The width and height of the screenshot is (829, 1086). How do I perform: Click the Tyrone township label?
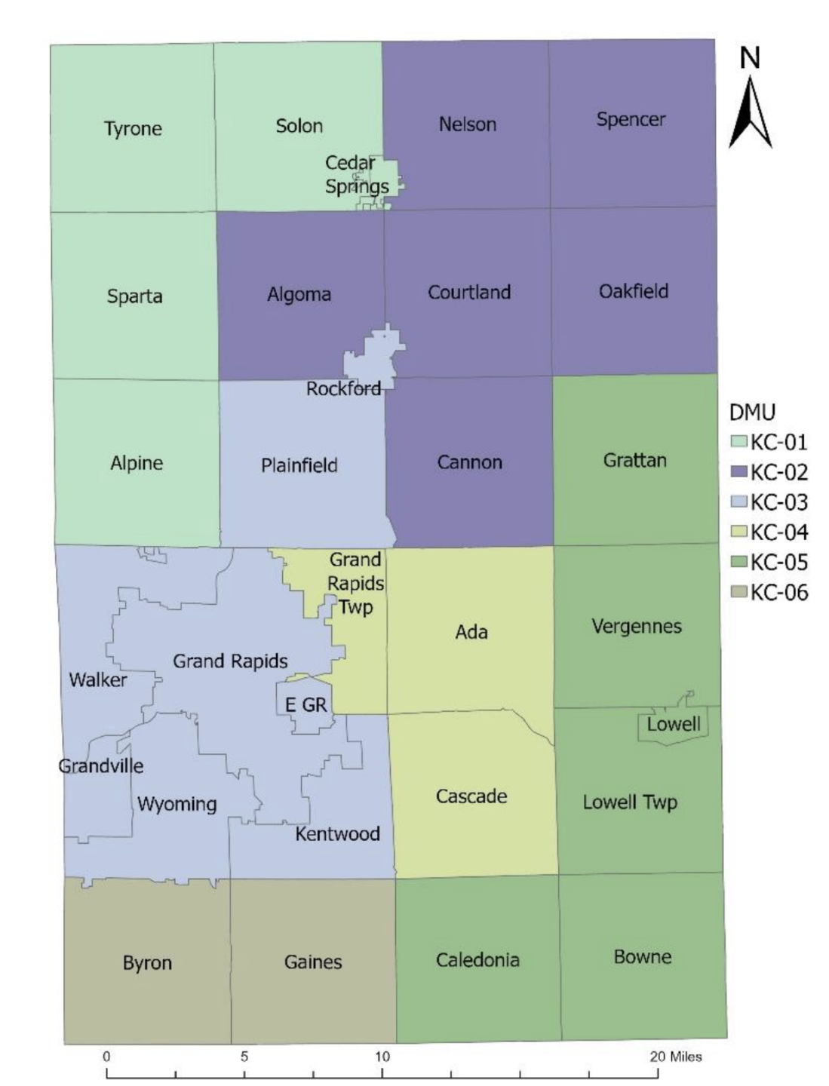[133, 129]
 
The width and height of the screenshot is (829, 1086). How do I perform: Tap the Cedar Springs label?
[356, 174]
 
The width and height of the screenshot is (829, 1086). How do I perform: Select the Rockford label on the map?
[343, 389]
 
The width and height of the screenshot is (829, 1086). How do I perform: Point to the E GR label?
[306, 705]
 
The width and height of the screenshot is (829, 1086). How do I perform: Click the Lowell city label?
[674, 725]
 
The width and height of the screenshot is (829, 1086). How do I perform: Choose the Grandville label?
[101, 766]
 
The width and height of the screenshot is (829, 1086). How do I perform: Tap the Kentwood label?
[337, 834]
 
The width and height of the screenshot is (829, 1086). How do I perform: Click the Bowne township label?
[642, 957]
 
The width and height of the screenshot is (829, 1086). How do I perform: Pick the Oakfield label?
[634, 292]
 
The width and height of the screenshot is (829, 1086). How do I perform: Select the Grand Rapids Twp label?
[355, 583]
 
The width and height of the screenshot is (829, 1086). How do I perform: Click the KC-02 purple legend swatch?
[738, 472]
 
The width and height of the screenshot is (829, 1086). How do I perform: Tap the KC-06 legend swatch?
[738, 593]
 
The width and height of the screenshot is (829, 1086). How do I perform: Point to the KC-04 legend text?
[778, 532]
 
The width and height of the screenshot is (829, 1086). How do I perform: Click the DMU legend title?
[752, 413]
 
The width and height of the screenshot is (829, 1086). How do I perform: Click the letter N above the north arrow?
[750, 58]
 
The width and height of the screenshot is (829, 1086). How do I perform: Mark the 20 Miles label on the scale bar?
[675, 1057]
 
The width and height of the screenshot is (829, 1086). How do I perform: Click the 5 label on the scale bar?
[244, 1057]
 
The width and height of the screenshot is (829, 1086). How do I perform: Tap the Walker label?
[98, 680]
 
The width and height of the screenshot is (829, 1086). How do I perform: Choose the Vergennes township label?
[637, 627]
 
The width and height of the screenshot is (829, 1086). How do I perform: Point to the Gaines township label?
[313, 962]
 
